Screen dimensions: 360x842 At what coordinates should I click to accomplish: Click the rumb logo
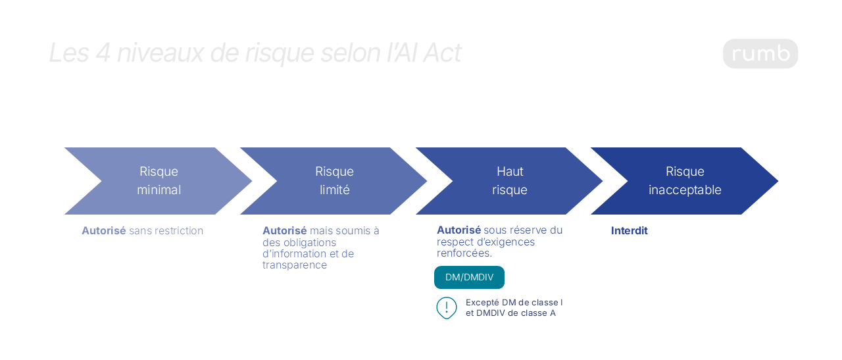pyautogui.click(x=760, y=53)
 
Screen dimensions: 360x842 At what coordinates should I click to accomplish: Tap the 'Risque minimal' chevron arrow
pyautogui.click(x=159, y=181)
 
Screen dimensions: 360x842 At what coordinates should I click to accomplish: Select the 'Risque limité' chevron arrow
pyautogui.click(x=334, y=181)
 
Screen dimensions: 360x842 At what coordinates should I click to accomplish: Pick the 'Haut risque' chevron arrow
pyautogui.click(x=509, y=181)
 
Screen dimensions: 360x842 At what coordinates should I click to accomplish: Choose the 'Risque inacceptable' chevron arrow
pyautogui.click(x=685, y=181)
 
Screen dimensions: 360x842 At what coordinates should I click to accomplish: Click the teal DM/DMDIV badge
pyautogui.click(x=469, y=277)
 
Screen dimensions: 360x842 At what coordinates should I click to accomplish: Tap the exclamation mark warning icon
pyautogui.click(x=447, y=307)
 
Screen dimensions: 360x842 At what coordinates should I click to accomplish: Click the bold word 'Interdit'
pyautogui.click(x=629, y=230)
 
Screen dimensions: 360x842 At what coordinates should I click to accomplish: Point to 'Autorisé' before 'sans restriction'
pyautogui.click(x=103, y=230)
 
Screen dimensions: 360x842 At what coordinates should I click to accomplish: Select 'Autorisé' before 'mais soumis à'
pyautogui.click(x=284, y=230)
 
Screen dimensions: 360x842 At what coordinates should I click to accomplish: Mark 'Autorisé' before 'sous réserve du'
pyautogui.click(x=458, y=230)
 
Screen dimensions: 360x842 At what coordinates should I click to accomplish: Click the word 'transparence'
pyautogui.click(x=294, y=265)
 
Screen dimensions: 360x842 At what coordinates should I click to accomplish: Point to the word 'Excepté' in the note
pyautogui.click(x=482, y=302)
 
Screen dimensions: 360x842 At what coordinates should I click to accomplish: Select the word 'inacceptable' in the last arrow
pyautogui.click(x=685, y=190)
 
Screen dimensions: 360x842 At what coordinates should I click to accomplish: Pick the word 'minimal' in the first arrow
pyautogui.click(x=159, y=190)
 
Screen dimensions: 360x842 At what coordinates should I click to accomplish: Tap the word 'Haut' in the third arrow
pyautogui.click(x=509, y=172)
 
